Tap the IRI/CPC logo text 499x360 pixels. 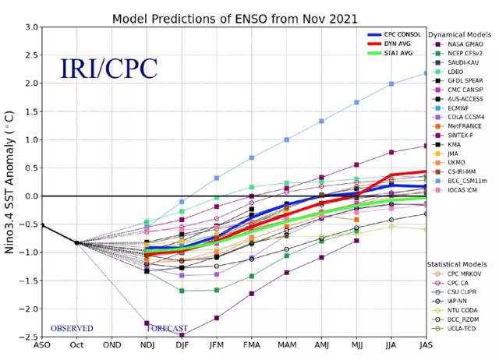(109, 69)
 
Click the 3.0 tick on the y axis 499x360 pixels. (31, 27)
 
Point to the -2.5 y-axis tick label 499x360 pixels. (30, 337)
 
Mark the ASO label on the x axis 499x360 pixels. (42, 348)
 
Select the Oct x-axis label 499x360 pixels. (77, 348)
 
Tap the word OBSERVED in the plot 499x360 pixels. (73, 328)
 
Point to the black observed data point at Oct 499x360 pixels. (76, 242)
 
